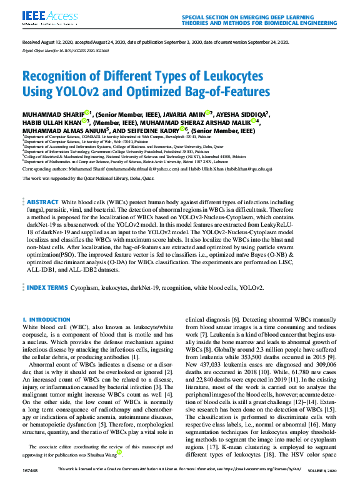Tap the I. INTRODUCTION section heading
click(47, 320)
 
